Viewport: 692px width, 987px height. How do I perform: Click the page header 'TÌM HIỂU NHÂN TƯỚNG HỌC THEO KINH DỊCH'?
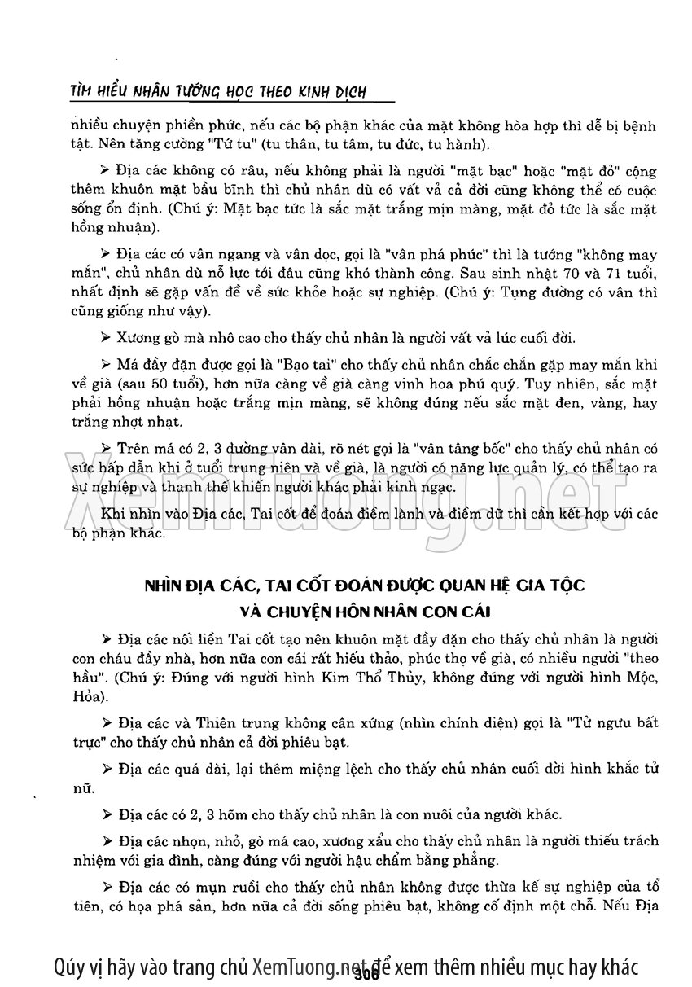pyautogui.click(x=218, y=92)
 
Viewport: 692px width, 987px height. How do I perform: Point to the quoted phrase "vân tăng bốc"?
pyautogui.click(x=457, y=448)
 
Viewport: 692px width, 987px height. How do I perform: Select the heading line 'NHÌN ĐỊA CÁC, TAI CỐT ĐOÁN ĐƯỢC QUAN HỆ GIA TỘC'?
pyautogui.click(x=364, y=586)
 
